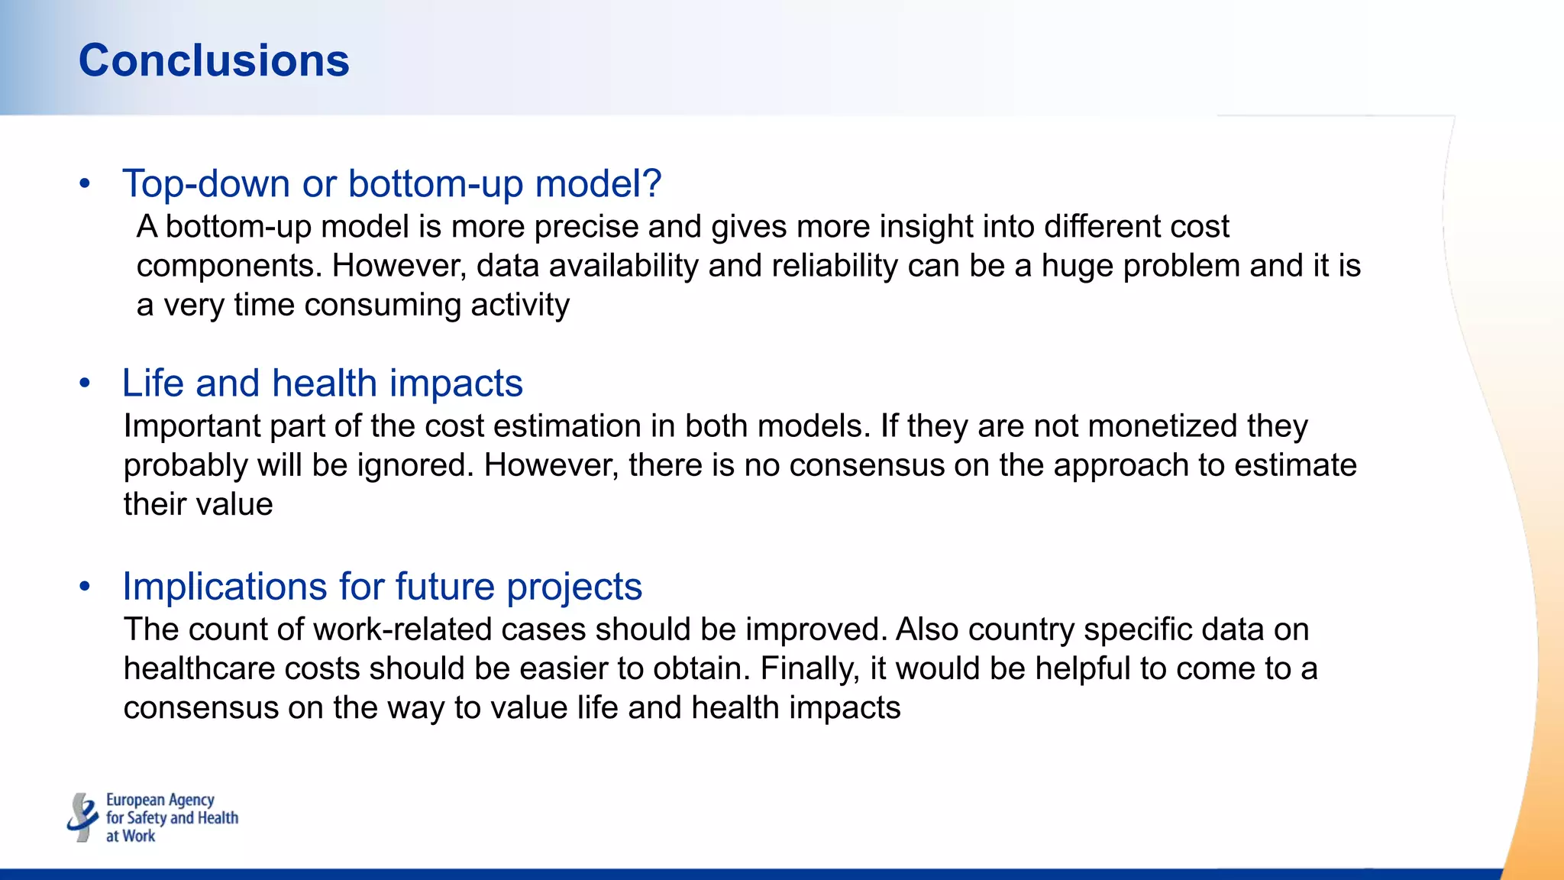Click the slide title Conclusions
coord(214,61)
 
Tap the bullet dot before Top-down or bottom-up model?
coord(85,184)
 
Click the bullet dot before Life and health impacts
coord(85,383)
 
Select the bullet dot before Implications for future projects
coord(85,587)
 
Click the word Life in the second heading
coord(153,383)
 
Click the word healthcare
coord(199,668)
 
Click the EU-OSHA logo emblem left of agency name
coord(82,817)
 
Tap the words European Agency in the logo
coord(160,800)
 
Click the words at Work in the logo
coord(130,836)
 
